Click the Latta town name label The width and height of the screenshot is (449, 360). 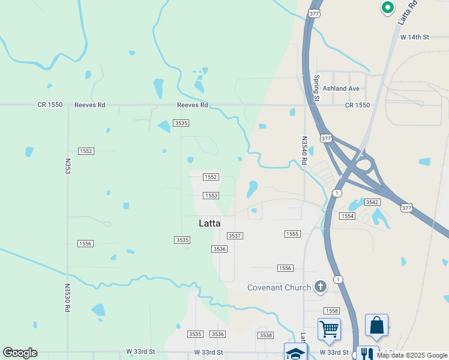click(209, 223)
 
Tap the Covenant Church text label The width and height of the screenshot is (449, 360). click(279, 287)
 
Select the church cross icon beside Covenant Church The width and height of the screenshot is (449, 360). click(321, 286)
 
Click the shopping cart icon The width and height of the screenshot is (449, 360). click(329, 329)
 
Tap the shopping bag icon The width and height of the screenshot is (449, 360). click(376, 325)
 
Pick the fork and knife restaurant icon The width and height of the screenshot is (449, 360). click(367, 353)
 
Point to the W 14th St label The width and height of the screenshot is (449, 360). click(415, 37)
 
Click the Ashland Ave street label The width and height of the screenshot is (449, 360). click(341, 89)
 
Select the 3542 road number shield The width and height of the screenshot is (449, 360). click(372, 202)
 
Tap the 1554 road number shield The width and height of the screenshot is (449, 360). click(347, 215)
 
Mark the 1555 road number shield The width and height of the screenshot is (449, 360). click(292, 234)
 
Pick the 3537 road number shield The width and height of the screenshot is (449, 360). click(235, 236)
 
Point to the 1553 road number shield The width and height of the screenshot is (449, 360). click(211, 196)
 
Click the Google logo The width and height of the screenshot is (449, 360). click(20, 353)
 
